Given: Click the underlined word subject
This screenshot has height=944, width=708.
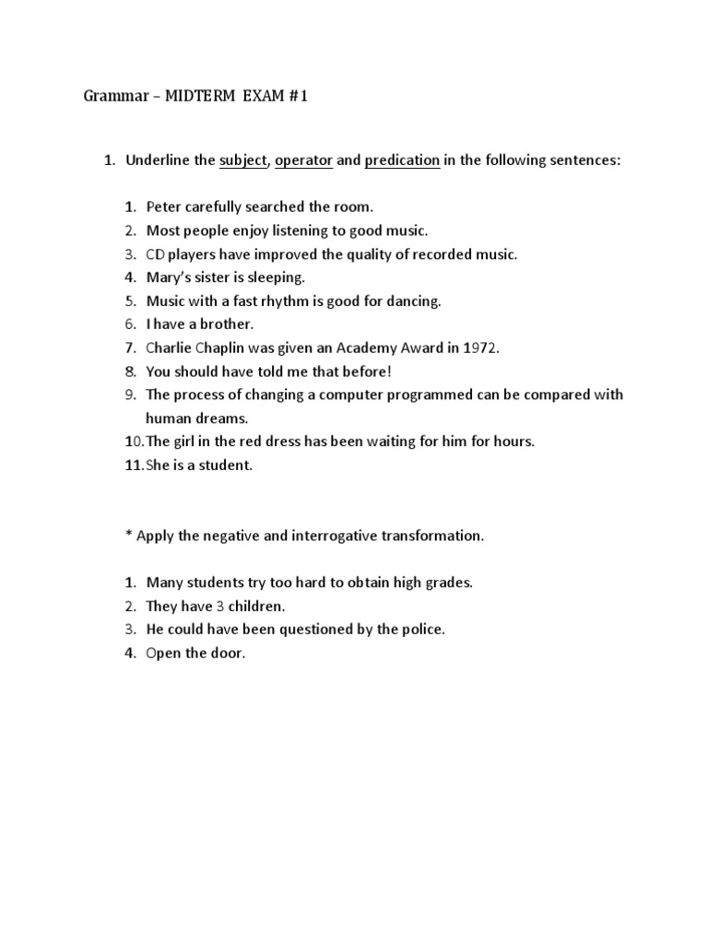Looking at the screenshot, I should [x=242, y=160].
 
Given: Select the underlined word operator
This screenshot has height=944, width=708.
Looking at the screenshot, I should [x=303, y=160].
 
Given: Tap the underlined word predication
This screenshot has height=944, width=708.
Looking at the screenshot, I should [x=402, y=160].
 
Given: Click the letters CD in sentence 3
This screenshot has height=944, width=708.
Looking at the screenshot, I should [x=155, y=254].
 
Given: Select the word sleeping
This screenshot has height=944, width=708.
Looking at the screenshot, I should [x=277, y=277].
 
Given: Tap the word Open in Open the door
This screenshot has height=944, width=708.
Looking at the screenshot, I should [x=163, y=654].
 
